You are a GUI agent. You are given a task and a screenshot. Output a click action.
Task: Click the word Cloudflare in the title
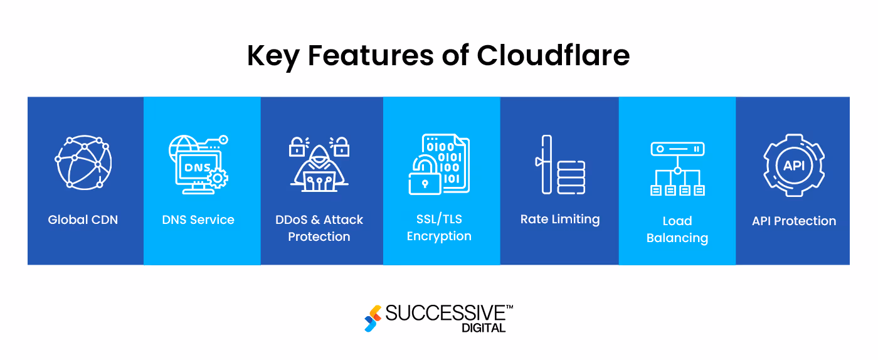point(553,56)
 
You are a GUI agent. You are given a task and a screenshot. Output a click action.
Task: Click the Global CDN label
point(83,220)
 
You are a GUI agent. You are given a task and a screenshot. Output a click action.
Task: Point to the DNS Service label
point(198,220)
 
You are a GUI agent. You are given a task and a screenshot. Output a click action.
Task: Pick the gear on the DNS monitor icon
point(217,179)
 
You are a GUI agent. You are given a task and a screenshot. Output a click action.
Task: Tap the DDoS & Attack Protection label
point(319,228)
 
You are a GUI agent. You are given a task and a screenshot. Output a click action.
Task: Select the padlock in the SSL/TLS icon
point(425,177)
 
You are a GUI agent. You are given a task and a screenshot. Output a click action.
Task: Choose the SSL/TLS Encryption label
point(439,228)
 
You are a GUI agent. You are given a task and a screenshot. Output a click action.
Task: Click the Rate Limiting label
point(560,220)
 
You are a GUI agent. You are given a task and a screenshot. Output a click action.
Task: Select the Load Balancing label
point(677,230)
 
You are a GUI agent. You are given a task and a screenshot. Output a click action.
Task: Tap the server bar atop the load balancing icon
point(677,149)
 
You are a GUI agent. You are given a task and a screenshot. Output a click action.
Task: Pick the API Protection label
point(794,221)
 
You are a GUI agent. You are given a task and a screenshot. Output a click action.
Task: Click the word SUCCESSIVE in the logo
point(445,314)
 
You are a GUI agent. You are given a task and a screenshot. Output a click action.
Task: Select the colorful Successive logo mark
point(373,318)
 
